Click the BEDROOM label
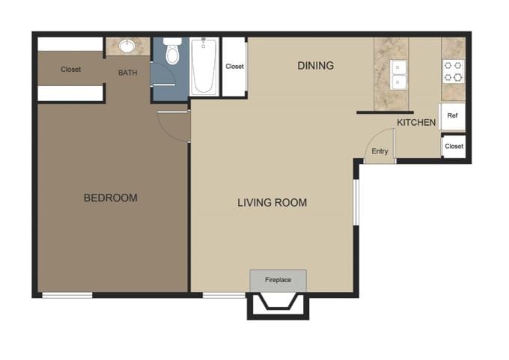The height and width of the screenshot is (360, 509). pos(110,198)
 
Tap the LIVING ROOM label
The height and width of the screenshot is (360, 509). pos(272,202)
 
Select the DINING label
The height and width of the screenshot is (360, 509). pos(315,66)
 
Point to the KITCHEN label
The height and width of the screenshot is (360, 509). pos(416,122)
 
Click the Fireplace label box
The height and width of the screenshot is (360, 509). pos(278,280)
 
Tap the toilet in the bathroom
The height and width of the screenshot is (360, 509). pos(172,53)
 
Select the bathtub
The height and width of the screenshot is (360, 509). pos(203,67)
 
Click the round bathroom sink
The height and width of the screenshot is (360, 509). pos(127,46)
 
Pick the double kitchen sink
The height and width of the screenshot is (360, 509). pos(398,74)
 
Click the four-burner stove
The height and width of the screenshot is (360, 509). pos(453,71)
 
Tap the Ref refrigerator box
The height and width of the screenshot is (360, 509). pos(452,117)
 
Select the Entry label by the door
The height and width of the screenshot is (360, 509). pos(380,151)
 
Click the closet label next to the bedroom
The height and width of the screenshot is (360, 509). pos(71,70)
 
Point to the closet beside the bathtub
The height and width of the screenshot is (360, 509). pos(234,67)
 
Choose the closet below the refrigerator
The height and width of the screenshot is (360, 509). pos(454,146)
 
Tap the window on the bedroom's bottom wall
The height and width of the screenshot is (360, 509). pos(67,295)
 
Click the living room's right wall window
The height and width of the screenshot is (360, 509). pos(356,201)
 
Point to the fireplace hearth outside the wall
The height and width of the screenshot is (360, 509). pos(278,305)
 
